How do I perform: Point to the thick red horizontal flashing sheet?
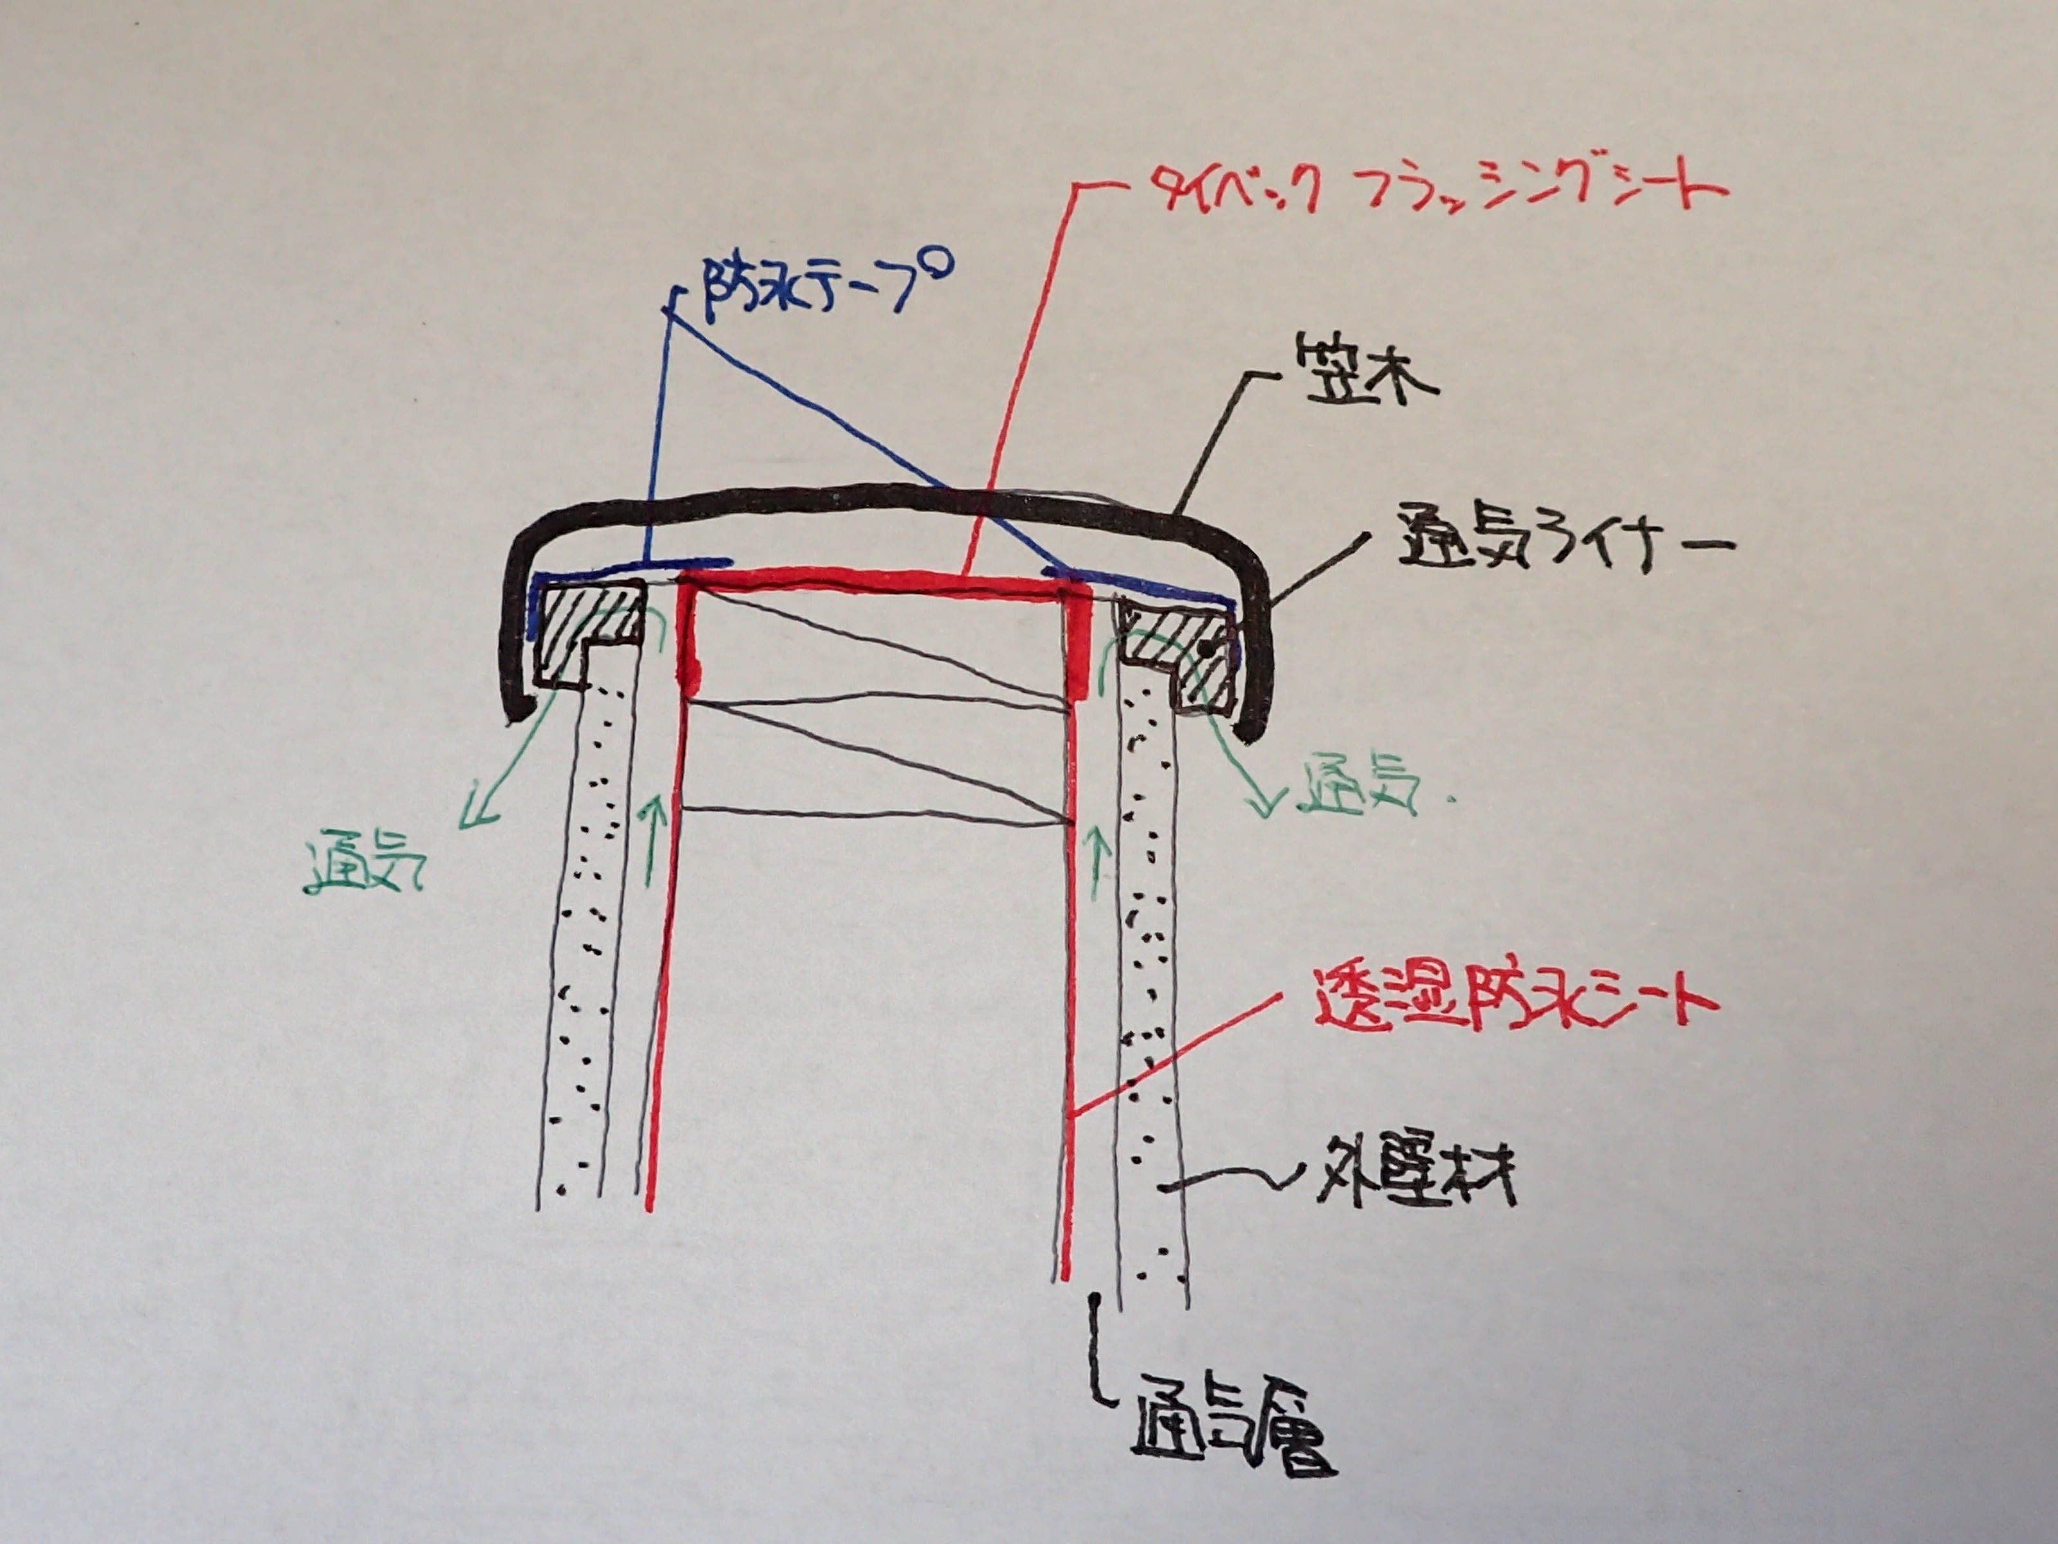884,584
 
